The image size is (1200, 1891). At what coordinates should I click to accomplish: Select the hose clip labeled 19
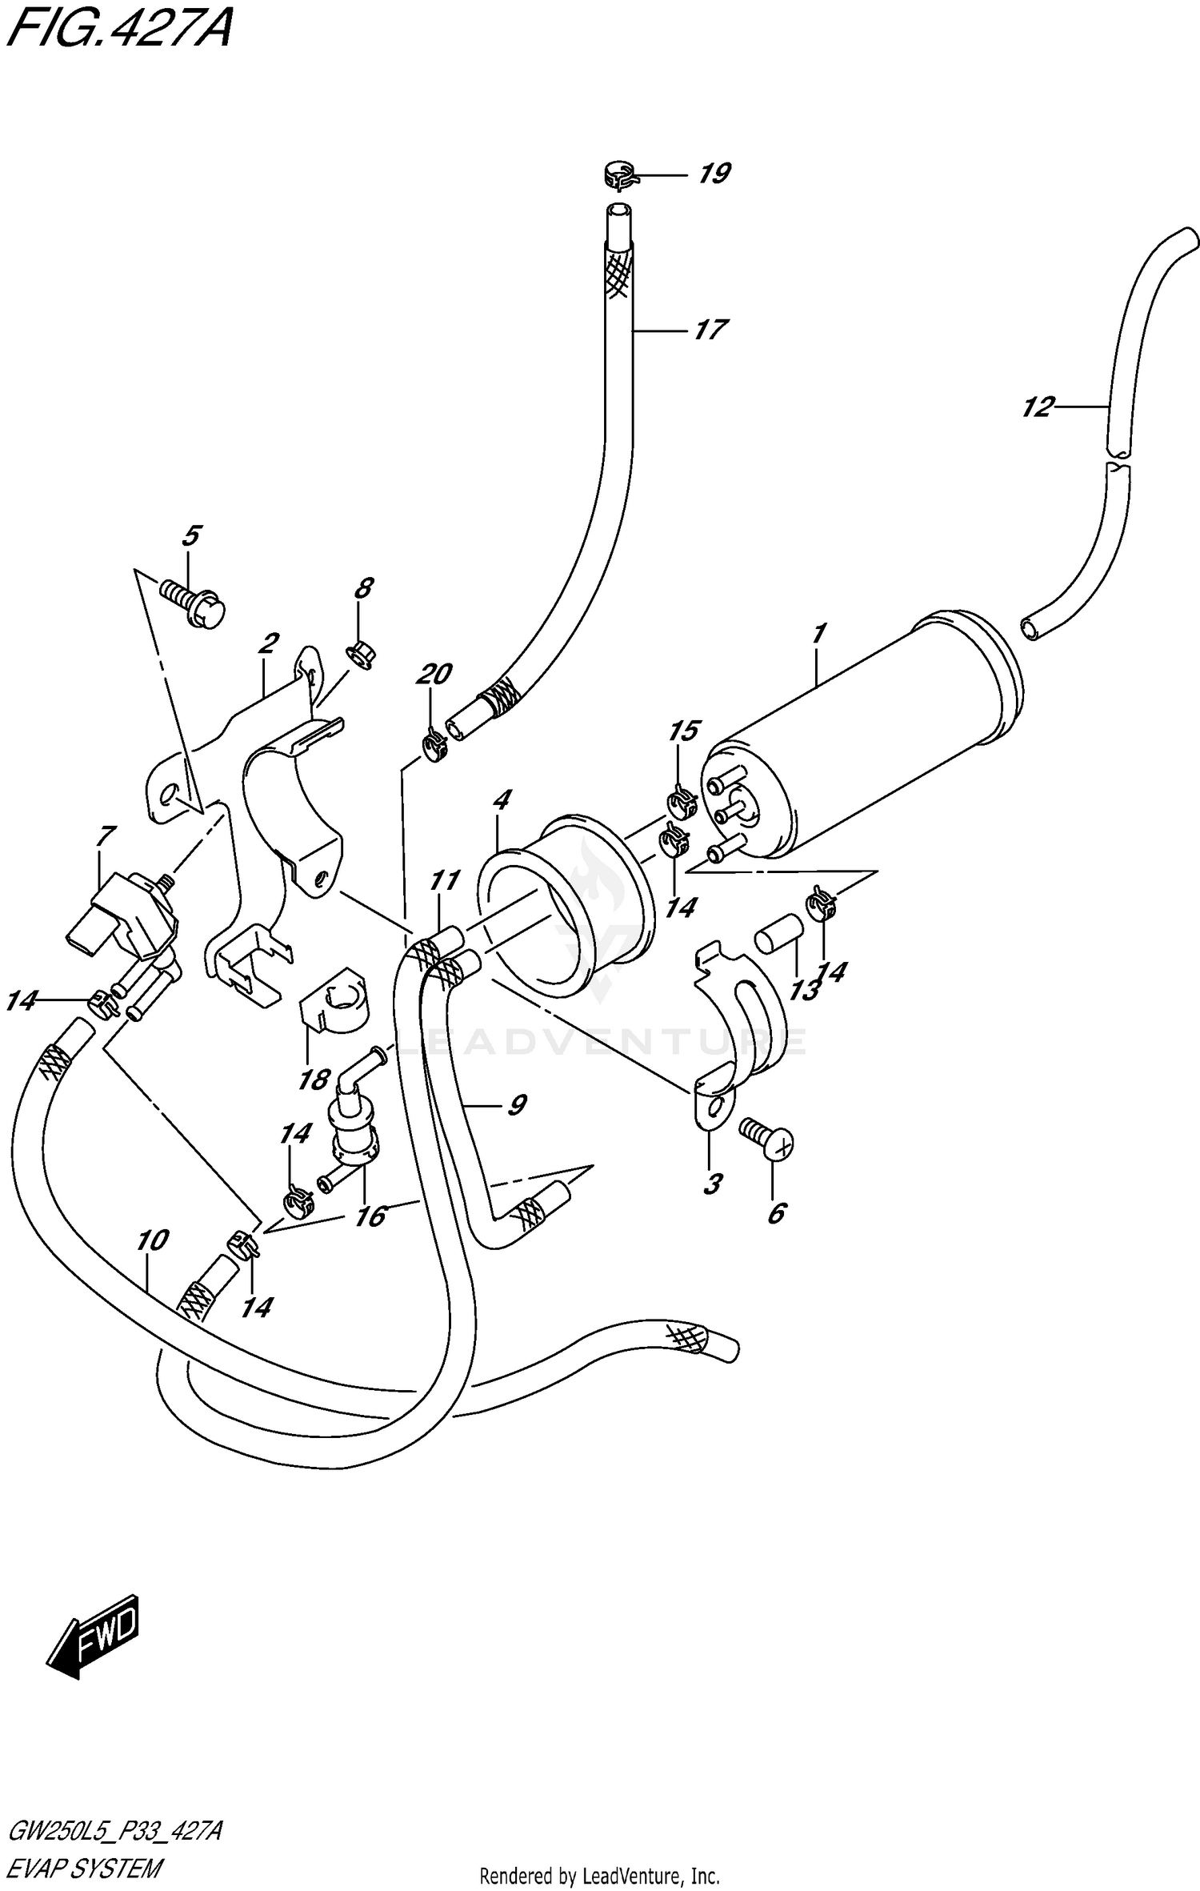pos(619,175)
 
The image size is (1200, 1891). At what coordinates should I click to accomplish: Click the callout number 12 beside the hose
pos(1037,407)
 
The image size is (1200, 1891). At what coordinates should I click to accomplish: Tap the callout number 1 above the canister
pos(818,635)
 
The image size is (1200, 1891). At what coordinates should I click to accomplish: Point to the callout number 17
pos(709,330)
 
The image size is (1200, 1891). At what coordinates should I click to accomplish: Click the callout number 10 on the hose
pos(152,1240)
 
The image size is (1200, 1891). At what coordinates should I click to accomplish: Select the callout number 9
pos(516,1105)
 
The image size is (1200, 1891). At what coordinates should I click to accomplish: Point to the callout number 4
pos(502,799)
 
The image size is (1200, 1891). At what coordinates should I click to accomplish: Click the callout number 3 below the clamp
pos(712,1183)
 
